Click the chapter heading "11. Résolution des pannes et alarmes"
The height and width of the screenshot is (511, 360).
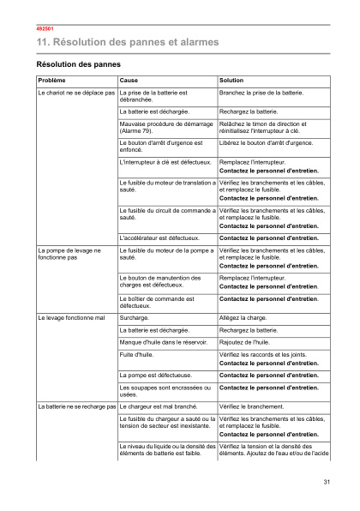[127, 41]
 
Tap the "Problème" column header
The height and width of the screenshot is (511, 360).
[51, 80]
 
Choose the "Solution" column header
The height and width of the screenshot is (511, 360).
[231, 80]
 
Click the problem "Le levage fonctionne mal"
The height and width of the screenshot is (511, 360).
[71, 317]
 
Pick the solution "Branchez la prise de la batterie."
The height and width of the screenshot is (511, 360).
[261, 92]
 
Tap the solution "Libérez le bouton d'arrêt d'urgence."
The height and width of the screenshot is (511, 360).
[266, 142]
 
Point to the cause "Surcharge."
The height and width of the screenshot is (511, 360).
[134, 317]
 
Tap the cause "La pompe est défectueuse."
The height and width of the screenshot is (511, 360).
[154, 376]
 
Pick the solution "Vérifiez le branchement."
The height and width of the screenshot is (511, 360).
[252, 406]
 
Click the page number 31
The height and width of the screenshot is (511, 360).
[327, 483]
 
